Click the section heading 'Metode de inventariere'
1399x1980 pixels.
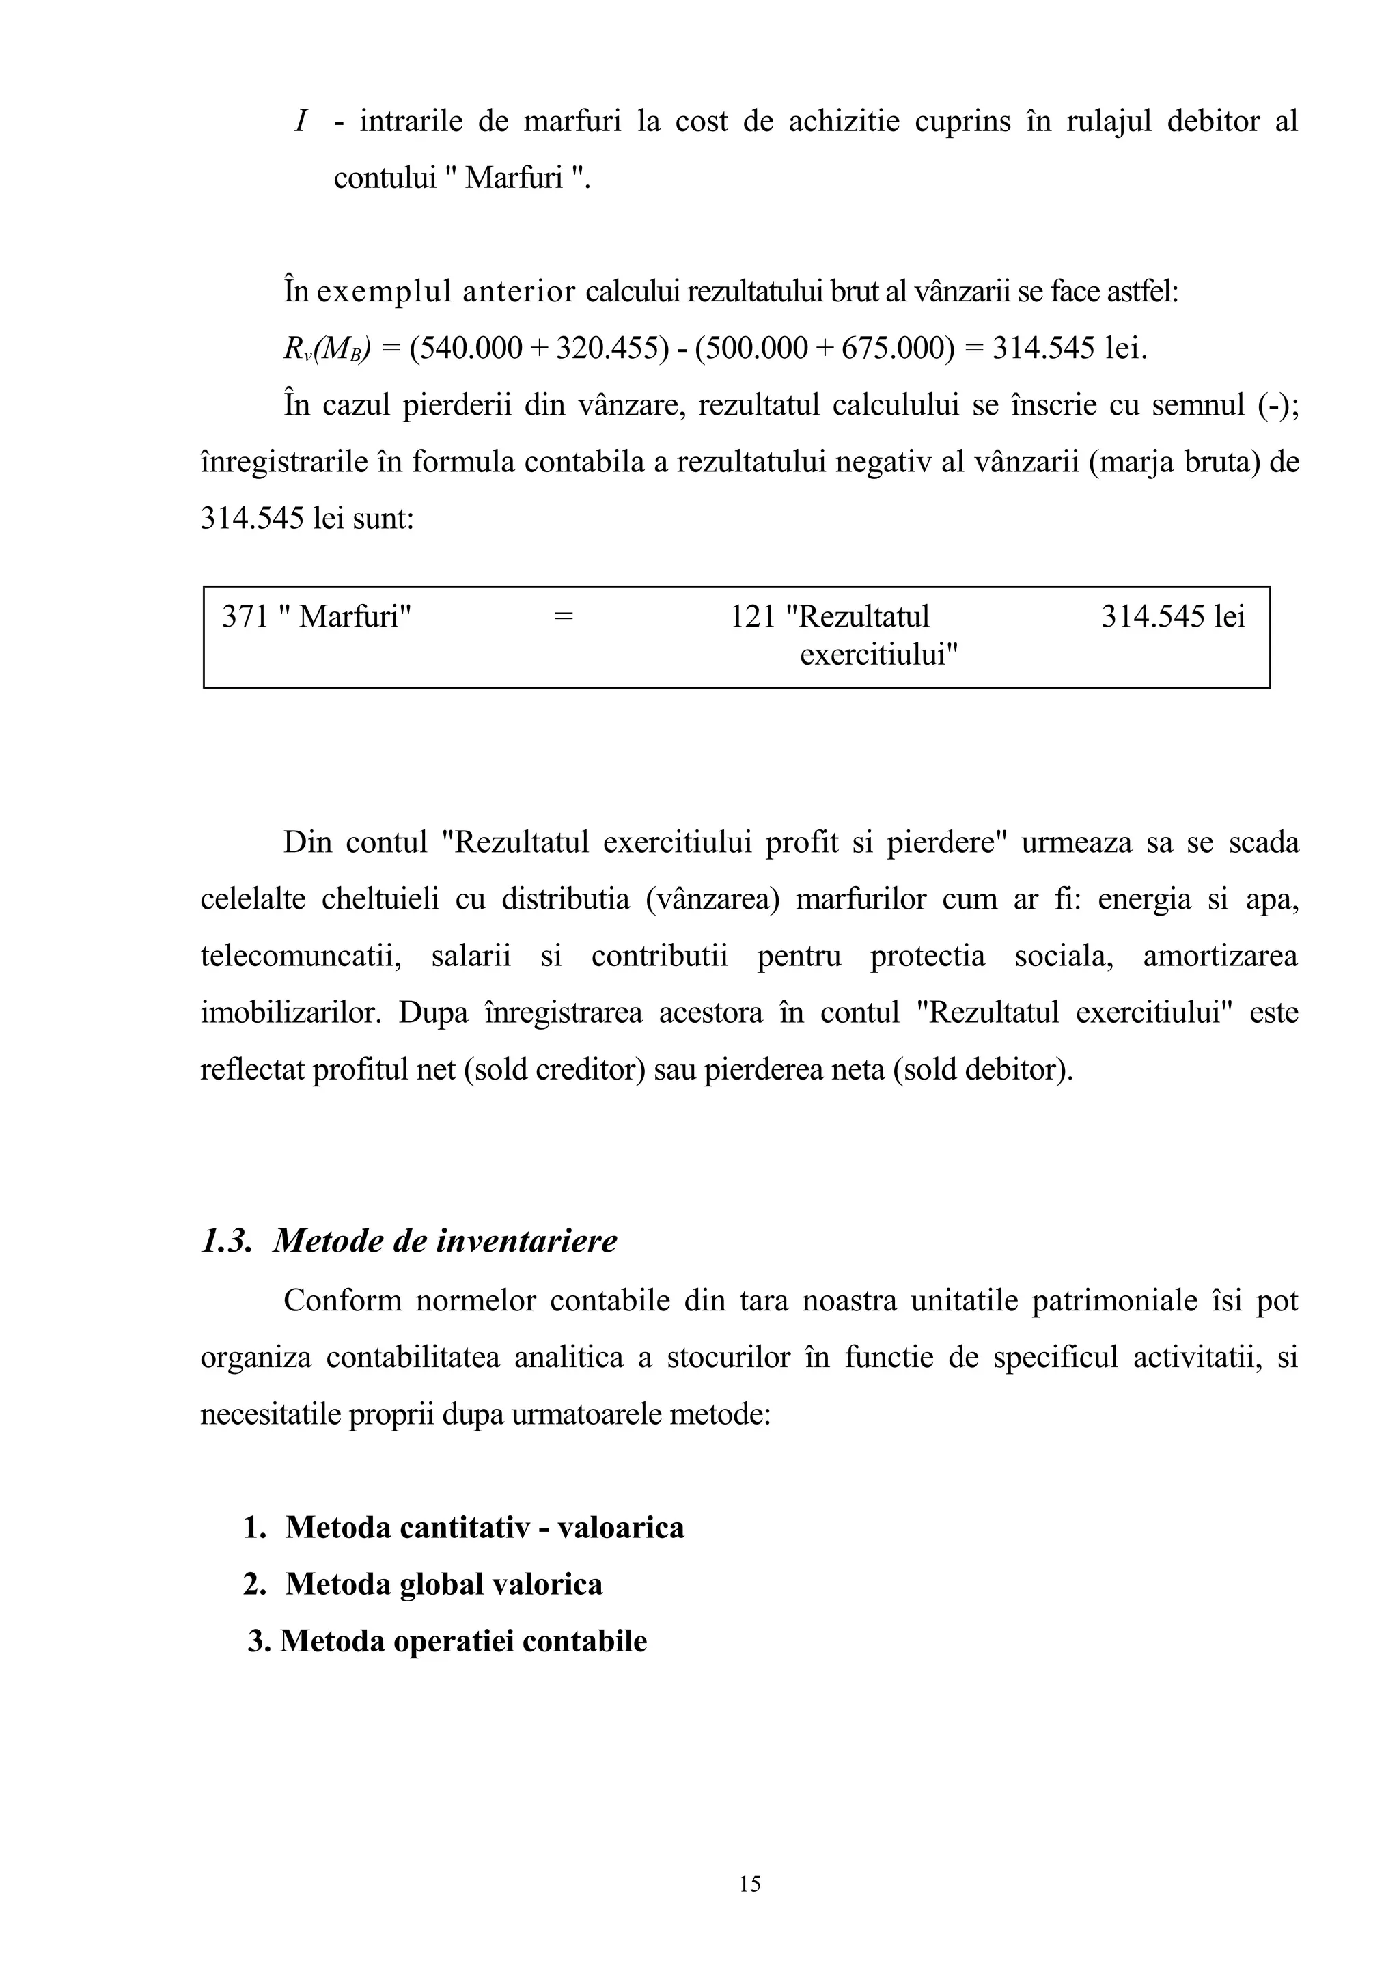[x=445, y=1241]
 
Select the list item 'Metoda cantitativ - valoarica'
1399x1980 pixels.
[x=484, y=1527]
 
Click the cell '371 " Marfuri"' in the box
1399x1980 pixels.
[x=316, y=616]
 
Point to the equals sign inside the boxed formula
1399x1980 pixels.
[x=563, y=616]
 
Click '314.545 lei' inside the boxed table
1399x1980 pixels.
[x=1172, y=616]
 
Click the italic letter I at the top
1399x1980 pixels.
[x=301, y=122]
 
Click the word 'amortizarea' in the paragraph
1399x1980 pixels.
[x=1220, y=957]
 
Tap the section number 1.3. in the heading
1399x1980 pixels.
[x=226, y=1241]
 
